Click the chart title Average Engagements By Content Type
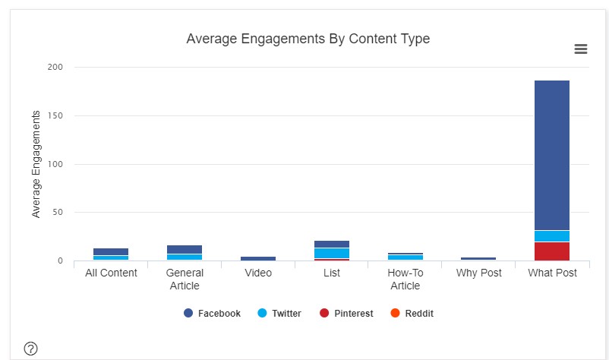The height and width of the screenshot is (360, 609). tap(308, 39)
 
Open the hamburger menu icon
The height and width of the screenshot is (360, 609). tap(581, 49)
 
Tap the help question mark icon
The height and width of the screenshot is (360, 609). tap(30, 349)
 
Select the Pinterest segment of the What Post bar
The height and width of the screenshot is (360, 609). tap(551, 251)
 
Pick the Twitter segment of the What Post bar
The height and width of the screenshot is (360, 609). tap(551, 236)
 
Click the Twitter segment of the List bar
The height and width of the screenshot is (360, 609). tap(331, 253)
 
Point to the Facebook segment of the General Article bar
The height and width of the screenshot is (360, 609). tap(185, 249)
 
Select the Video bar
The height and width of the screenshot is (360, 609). tap(258, 258)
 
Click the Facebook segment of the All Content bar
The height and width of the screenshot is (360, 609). tap(111, 251)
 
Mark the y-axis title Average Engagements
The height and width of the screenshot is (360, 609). tap(36, 164)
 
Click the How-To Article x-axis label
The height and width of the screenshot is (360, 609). tap(405, 279)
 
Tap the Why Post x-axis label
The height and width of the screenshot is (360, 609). tap(478, 273)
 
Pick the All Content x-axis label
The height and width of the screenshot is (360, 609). tap(111, 273)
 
